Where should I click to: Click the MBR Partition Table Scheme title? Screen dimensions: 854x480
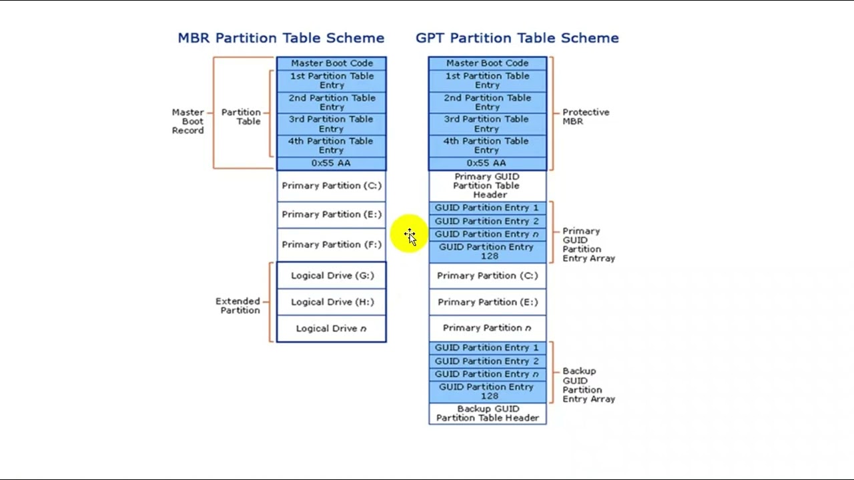[281, 38]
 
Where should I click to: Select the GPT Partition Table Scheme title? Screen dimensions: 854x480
[517, 38]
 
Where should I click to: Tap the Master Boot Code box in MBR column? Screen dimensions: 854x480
[332, 63]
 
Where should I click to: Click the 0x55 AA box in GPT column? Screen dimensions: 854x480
[487, 163]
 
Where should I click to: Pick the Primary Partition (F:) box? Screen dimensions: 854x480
[332, 245]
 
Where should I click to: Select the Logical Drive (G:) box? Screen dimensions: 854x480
[332, 275]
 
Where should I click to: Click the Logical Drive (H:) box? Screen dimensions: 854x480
[332, 302]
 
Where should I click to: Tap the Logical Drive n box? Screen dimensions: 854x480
[332, 329]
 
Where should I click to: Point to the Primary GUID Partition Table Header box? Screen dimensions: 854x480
[487, 186]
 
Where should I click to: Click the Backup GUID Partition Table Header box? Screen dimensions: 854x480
[487, 413]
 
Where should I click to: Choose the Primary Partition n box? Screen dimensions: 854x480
[487, 328]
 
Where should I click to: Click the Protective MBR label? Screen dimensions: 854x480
[586, 117]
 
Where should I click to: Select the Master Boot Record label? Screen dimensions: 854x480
[188, 121]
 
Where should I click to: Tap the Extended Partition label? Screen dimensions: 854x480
[238, 306]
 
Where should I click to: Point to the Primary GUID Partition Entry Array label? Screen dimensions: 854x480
[588, 245]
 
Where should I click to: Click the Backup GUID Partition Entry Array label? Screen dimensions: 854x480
[588, 385]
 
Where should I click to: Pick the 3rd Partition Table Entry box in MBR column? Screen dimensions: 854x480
[332, 124]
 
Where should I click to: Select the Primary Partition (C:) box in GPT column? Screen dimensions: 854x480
[487, 276]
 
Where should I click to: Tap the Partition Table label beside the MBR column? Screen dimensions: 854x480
[242, 117]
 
